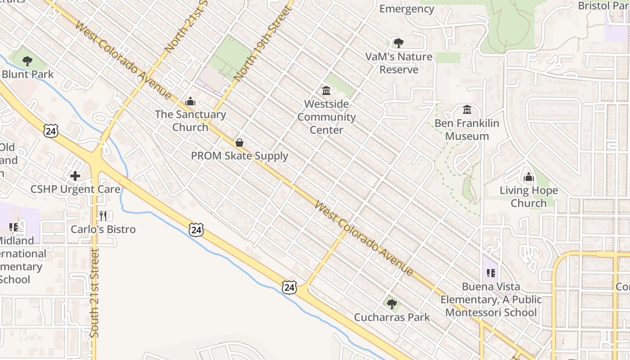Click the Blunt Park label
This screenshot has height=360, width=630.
click(x=28, y=74)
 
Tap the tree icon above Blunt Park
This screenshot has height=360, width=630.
click(x=27, y=61)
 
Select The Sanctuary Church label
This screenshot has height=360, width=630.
click(x=190, y=121)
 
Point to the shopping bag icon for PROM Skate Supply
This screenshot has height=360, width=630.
click(x=239, y=143)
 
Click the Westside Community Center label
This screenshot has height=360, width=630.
click(x=327, y=117)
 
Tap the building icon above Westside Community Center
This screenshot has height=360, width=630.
click(x=326, y=91)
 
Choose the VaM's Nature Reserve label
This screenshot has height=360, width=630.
click(x=399, y=63)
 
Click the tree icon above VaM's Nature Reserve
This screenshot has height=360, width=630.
click(x=398, y=43)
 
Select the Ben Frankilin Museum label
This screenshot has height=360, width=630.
click(x=467, y=130)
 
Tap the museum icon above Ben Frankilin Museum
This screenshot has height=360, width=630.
click(x=467, y=110)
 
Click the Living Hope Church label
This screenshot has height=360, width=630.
click(x=529, y=197)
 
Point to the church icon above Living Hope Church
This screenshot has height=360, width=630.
click(x=529, y=177)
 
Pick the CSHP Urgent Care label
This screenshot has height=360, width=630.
click(x=75, y=189)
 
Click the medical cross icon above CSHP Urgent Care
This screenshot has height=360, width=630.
click(x=75, y=175)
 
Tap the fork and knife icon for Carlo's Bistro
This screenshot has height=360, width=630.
click(x=103, y=216)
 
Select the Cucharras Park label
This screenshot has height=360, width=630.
click(x=392, y=317)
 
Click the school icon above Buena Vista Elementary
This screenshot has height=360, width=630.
click(x=491, y=273)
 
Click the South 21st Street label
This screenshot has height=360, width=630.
click(x=94, y=292)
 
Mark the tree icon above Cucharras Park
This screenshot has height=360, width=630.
click(x=392, y=304)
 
